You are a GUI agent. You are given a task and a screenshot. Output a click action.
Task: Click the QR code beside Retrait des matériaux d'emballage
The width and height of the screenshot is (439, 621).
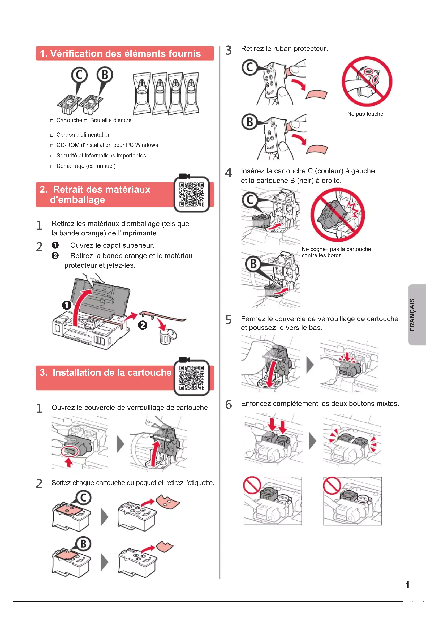191,194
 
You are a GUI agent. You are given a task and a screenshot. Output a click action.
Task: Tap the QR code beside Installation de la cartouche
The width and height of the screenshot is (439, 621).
191,378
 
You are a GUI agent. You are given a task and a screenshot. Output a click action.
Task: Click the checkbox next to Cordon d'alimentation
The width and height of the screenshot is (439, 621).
52,135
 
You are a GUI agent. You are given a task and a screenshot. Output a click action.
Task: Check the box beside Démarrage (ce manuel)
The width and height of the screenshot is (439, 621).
52,166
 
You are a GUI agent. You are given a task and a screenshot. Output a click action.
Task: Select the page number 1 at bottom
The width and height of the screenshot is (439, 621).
407,585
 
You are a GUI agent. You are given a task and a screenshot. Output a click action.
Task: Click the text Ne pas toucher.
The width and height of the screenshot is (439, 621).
367,114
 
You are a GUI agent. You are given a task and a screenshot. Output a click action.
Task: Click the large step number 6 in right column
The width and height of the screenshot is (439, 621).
229,405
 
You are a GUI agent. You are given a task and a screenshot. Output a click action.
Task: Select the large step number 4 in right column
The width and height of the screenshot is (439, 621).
229,173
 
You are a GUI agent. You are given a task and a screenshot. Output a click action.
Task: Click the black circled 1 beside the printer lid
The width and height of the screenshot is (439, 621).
67,305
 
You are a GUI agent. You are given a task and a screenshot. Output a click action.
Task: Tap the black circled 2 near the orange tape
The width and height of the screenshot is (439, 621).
143,325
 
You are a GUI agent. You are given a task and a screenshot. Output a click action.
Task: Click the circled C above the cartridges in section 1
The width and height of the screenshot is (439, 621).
79,75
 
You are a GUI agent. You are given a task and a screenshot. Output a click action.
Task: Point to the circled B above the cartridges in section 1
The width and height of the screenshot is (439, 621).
105,75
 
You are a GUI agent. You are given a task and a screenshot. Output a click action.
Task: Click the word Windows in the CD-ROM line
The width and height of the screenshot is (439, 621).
146,145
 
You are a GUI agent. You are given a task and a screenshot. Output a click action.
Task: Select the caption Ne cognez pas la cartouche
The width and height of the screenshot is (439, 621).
336,249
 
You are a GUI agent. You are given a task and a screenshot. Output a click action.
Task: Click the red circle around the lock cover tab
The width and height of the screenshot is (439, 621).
70,451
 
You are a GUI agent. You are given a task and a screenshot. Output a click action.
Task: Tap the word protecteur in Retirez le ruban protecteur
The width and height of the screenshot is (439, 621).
311,49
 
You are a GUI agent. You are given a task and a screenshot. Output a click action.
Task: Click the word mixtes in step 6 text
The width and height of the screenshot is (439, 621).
387,404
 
